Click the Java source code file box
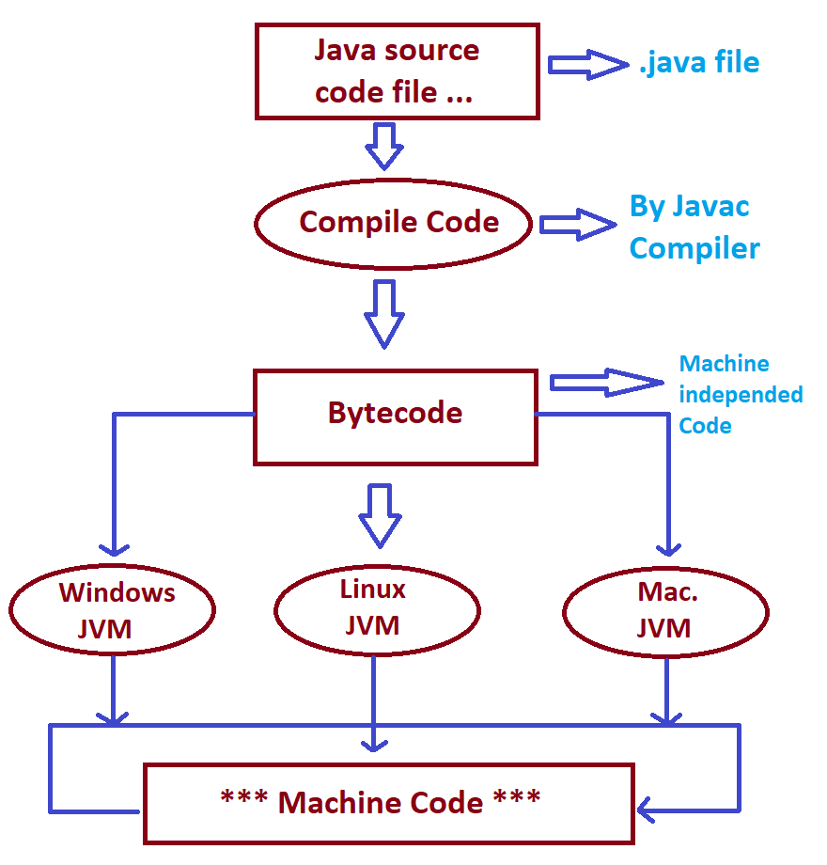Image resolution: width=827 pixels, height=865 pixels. click(x=397, y=71)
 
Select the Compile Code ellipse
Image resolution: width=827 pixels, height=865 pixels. click(x=394, y=223)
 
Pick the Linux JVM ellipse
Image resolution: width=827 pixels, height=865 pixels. click(x=377, y=608)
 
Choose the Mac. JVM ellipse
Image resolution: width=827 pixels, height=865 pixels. click(x=665, y=612)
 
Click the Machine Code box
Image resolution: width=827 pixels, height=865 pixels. click(x=387, y=802)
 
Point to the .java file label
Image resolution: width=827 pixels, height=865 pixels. click(x=697, y=64)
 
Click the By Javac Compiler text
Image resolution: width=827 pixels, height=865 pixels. click(x=694, y=227)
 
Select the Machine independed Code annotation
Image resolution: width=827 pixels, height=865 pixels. click(x=740, y=394)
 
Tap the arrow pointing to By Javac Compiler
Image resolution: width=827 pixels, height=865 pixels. click(x=574, y=225)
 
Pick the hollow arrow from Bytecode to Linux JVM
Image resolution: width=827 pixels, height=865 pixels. click(x=381, y=514)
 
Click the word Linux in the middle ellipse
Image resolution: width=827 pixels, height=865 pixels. click(x=373, y=590)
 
